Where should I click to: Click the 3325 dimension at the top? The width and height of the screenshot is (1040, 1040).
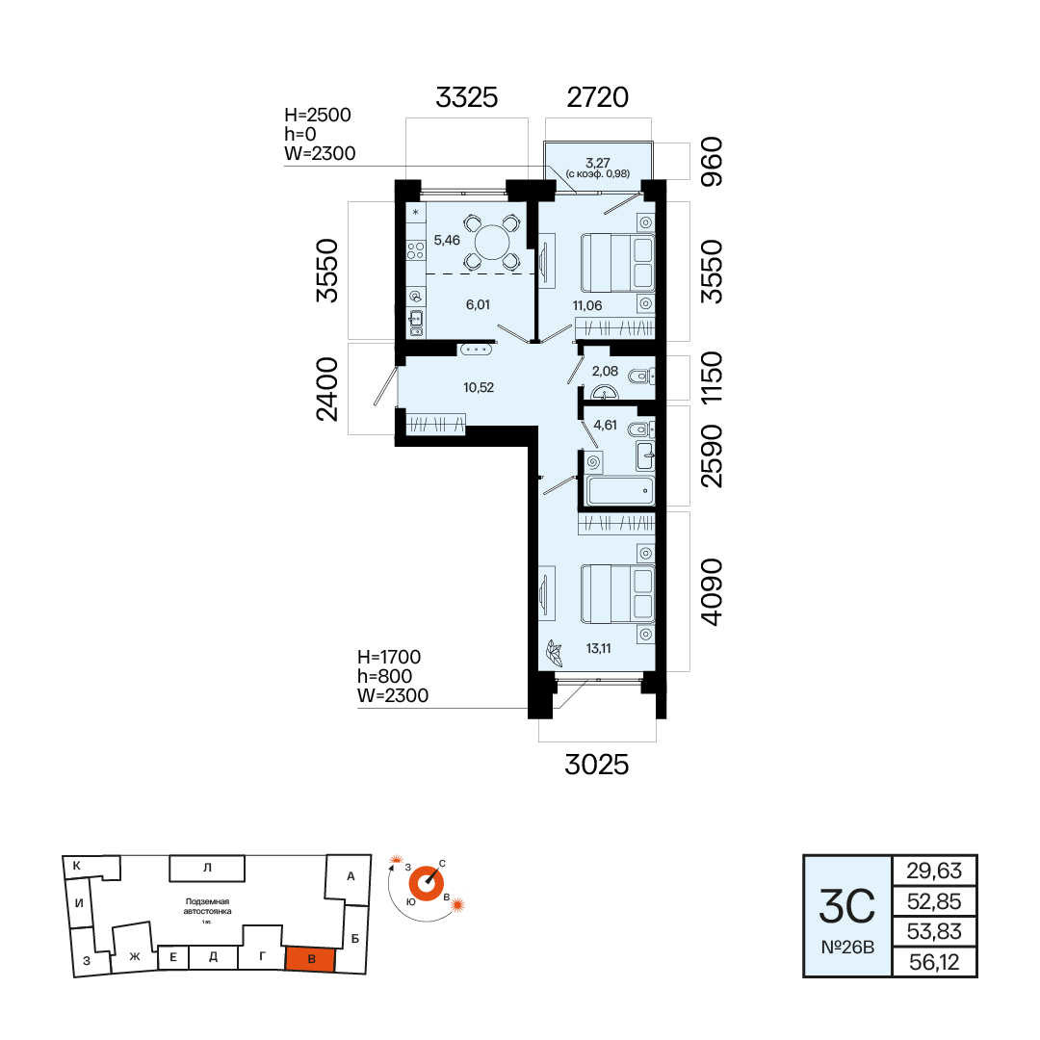click(466, 97)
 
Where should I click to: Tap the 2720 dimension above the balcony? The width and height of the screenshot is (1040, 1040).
click(598, 97)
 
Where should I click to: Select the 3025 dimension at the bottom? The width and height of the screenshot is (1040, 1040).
click(596, 765)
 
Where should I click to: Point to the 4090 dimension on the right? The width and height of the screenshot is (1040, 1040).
click(711, 591)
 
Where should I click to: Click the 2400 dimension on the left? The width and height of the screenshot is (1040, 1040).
click(327, 389)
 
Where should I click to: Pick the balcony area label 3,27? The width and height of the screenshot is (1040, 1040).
click(598, 163)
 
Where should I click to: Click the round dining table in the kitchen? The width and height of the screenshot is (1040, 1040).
click(491, 242)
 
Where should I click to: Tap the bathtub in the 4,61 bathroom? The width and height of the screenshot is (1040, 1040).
click(620, 491)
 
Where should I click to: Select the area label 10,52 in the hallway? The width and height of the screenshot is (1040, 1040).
click(479, 387)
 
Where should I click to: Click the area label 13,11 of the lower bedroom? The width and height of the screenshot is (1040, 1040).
click(598, 649)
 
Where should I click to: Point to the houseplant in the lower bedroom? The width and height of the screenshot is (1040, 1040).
click(554, 653)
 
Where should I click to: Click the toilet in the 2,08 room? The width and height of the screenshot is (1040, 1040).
click(640, 378)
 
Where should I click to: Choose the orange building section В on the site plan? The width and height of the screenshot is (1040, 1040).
click(310, 959)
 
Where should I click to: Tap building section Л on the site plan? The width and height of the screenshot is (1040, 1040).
click(207, 868)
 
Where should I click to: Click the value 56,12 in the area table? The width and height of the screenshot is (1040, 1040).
click(934, 962)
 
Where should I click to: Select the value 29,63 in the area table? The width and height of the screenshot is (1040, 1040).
click(934, 871)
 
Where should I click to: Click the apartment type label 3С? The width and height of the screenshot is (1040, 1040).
click(847, 907)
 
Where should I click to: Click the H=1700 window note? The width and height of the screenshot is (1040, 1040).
click(389, 657)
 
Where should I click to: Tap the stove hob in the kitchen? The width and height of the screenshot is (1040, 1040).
click(416, 250)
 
